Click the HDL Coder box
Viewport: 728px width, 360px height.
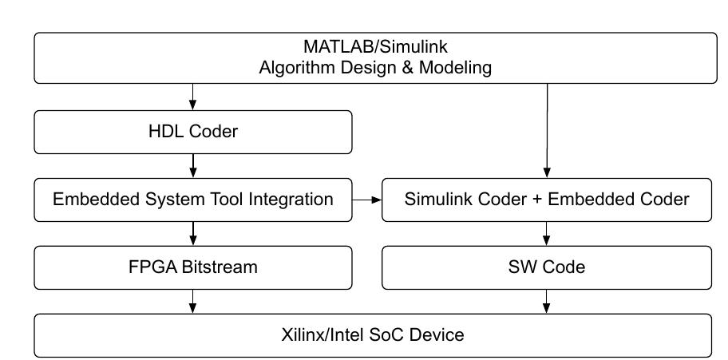(192, 132)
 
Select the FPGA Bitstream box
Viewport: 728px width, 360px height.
(192, 267)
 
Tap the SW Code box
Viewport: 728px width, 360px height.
(546, 267)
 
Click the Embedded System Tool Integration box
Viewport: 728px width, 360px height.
(192, 200)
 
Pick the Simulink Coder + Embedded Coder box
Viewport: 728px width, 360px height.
(546, 200)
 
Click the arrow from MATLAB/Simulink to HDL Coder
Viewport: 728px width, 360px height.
(192, 97)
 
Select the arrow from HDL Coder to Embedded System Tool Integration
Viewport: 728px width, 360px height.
(192, 165)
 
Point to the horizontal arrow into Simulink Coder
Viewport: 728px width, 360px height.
(366, 200)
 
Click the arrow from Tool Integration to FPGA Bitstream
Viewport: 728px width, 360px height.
(192, 233)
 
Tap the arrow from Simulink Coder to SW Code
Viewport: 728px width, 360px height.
(546, 233)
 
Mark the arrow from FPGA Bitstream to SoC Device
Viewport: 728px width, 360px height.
(192, 301)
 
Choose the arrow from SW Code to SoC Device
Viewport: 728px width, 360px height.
(546, 301)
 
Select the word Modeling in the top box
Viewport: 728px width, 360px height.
(458, 68)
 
